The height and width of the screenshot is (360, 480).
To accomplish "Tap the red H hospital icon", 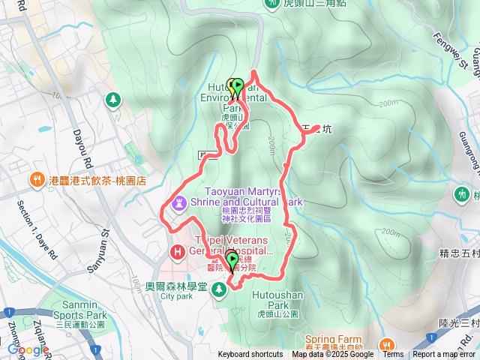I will coord(178,252).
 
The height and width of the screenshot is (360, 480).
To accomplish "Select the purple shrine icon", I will coord(179,202).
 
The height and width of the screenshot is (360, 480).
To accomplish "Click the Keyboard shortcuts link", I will coord(250,355).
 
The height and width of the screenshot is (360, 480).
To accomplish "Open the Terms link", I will coord(393,355).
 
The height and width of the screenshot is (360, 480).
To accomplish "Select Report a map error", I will coord(445,355).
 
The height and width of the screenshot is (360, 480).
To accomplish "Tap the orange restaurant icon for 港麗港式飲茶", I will coord(36,180).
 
